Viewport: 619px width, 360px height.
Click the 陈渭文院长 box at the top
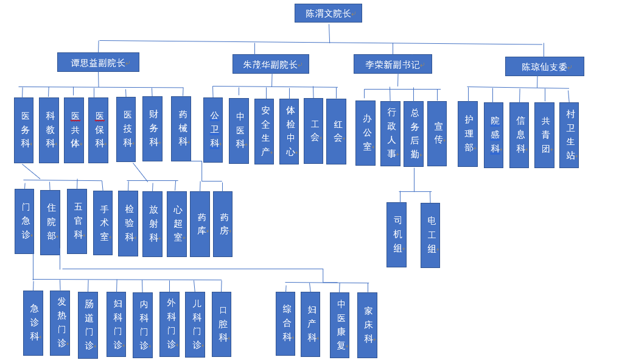click(x=328, y=13)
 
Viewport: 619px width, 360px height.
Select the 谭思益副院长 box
click(x=98, y=62)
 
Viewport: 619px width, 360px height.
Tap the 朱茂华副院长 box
click(x=270, y=64)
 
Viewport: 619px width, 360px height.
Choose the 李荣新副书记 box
click(x=393, y=64)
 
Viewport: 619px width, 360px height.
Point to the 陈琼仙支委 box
click(x=544, y=66)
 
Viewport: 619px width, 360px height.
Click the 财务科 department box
click(x=152, y=129)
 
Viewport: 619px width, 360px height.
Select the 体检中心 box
click(x=289, y=132)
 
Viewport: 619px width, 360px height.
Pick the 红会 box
click(x=336, y=132)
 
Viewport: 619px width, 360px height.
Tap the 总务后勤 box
click(x=413, y=134)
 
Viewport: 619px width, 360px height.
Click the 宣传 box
click(x=437, y=133)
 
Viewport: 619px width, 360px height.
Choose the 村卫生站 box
click(x=569, y=135)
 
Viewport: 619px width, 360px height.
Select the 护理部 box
click(x=467, y=134)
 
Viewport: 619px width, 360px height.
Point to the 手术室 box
click(x=103, y=222)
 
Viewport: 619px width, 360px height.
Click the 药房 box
click(x=223, y=224)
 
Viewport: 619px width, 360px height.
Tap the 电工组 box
click(x=430, y=235)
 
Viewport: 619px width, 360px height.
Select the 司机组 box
click(x=396, y=235)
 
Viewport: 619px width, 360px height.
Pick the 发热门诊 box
click(x=60, y=323)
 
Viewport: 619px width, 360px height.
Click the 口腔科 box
click(x=222, y=324)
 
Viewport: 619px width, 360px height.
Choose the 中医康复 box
click(x=340, y=325)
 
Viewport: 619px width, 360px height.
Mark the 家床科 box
click(x=367, y=325)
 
